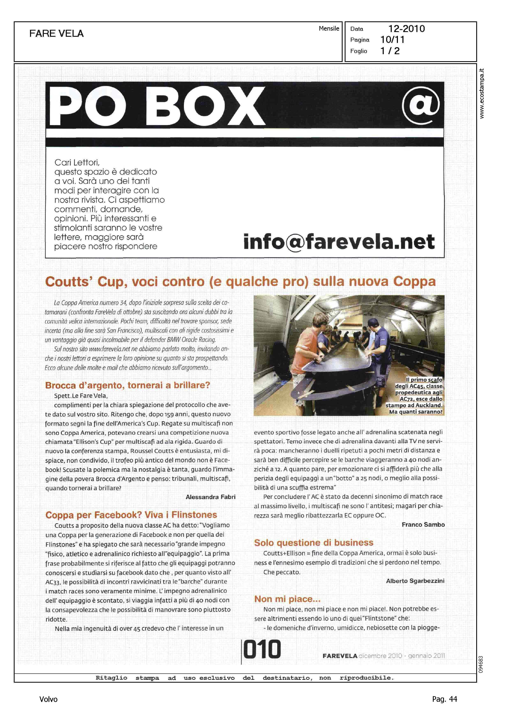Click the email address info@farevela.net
(339, 242)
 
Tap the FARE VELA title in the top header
(57, 33)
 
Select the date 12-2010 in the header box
(406, 29)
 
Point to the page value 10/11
(392, 40)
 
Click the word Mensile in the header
(329, 28)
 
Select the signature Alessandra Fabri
(210, 497)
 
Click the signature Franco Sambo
(423, 524)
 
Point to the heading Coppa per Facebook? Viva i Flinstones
(131, 515)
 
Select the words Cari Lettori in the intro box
(77, 162)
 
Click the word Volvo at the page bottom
(48, 699)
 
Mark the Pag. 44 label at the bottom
(444, 699)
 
